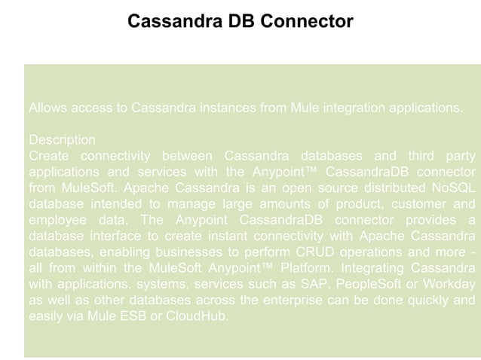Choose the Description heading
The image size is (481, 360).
click(x=62, y=140)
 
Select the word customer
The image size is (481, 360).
click(x=424, y=203)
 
